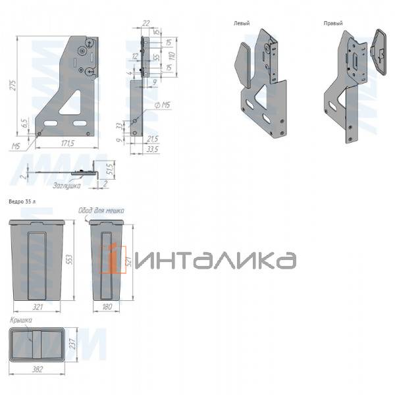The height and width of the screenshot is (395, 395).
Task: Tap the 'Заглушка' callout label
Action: point(67,186)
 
